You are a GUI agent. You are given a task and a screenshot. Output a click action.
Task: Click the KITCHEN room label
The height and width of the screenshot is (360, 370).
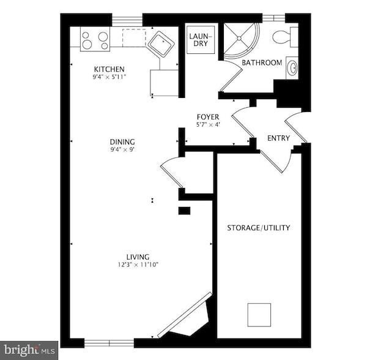pos(109,69)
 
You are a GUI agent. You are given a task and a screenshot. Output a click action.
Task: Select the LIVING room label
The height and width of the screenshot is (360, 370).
pos(138,257)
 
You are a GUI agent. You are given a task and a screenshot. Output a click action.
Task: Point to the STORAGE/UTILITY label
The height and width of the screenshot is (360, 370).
pos(259,228)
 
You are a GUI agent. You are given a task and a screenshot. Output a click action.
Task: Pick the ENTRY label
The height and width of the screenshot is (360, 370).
pos(278,138)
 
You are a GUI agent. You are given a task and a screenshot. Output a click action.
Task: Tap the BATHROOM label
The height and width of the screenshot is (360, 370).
pos(262,63)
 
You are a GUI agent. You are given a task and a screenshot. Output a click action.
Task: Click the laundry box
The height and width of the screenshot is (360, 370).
pos(200,40)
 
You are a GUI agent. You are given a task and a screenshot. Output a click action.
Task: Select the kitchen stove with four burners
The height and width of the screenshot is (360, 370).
pos(95,40)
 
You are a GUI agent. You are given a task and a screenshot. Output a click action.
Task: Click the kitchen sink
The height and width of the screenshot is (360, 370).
pos(160,43)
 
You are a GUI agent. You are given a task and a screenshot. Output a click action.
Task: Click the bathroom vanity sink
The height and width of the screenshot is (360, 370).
pos(292,68)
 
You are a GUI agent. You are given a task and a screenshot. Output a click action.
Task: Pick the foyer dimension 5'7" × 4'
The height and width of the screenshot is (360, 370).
pos(208,124)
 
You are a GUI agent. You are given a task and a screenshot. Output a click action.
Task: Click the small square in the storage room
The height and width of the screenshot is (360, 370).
pos(259,315)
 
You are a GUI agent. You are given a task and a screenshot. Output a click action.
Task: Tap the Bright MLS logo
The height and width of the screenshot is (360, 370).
pos(29,350)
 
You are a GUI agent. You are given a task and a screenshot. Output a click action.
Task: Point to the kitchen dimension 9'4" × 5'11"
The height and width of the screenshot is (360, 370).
pos(109,77)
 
